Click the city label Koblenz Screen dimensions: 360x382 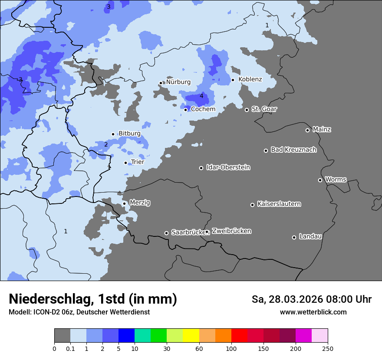pyautogui.click(x=250, y=79)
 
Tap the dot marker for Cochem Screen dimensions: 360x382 pyautogui.click(x=185, y=110)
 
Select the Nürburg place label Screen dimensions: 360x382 pyautogui.click(x=178, y=82)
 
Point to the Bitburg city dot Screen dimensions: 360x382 pyautogui.click(x=113, y=134)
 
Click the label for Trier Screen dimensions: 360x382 pyautogui.click(x=138, y=162)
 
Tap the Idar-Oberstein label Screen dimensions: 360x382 pyautogui.click(x=228, y=167)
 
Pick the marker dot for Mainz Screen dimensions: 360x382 pyautogui.click(x=307, y=130)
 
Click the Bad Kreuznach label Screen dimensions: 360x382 pyautogui.click(x=293, y=150)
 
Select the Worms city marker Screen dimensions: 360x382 pyautogui.click(x=320, y=180)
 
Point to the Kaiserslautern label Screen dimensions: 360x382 pyautogui.click(x=279, y=204)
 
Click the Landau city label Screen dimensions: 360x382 pyautogui.click(x=310, y=236)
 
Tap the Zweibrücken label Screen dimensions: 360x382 pyautogui.click(x=231, y=231)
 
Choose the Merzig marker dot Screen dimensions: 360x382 pyautogui.click(x=124, y=203)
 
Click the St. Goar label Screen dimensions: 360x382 pyautogui.click(x=264, y=109)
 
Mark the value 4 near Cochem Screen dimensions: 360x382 pyautogui.click(x=201, y=96)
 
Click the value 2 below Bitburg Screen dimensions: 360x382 pyautogui.click(x=106, y=144)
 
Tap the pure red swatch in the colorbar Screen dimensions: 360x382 pyautogui.click(x=239, y=336)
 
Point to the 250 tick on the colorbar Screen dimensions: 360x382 pyautogui.click(x=328, y=348)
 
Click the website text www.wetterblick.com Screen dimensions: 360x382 pyautogui.click(x=313, y=312)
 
